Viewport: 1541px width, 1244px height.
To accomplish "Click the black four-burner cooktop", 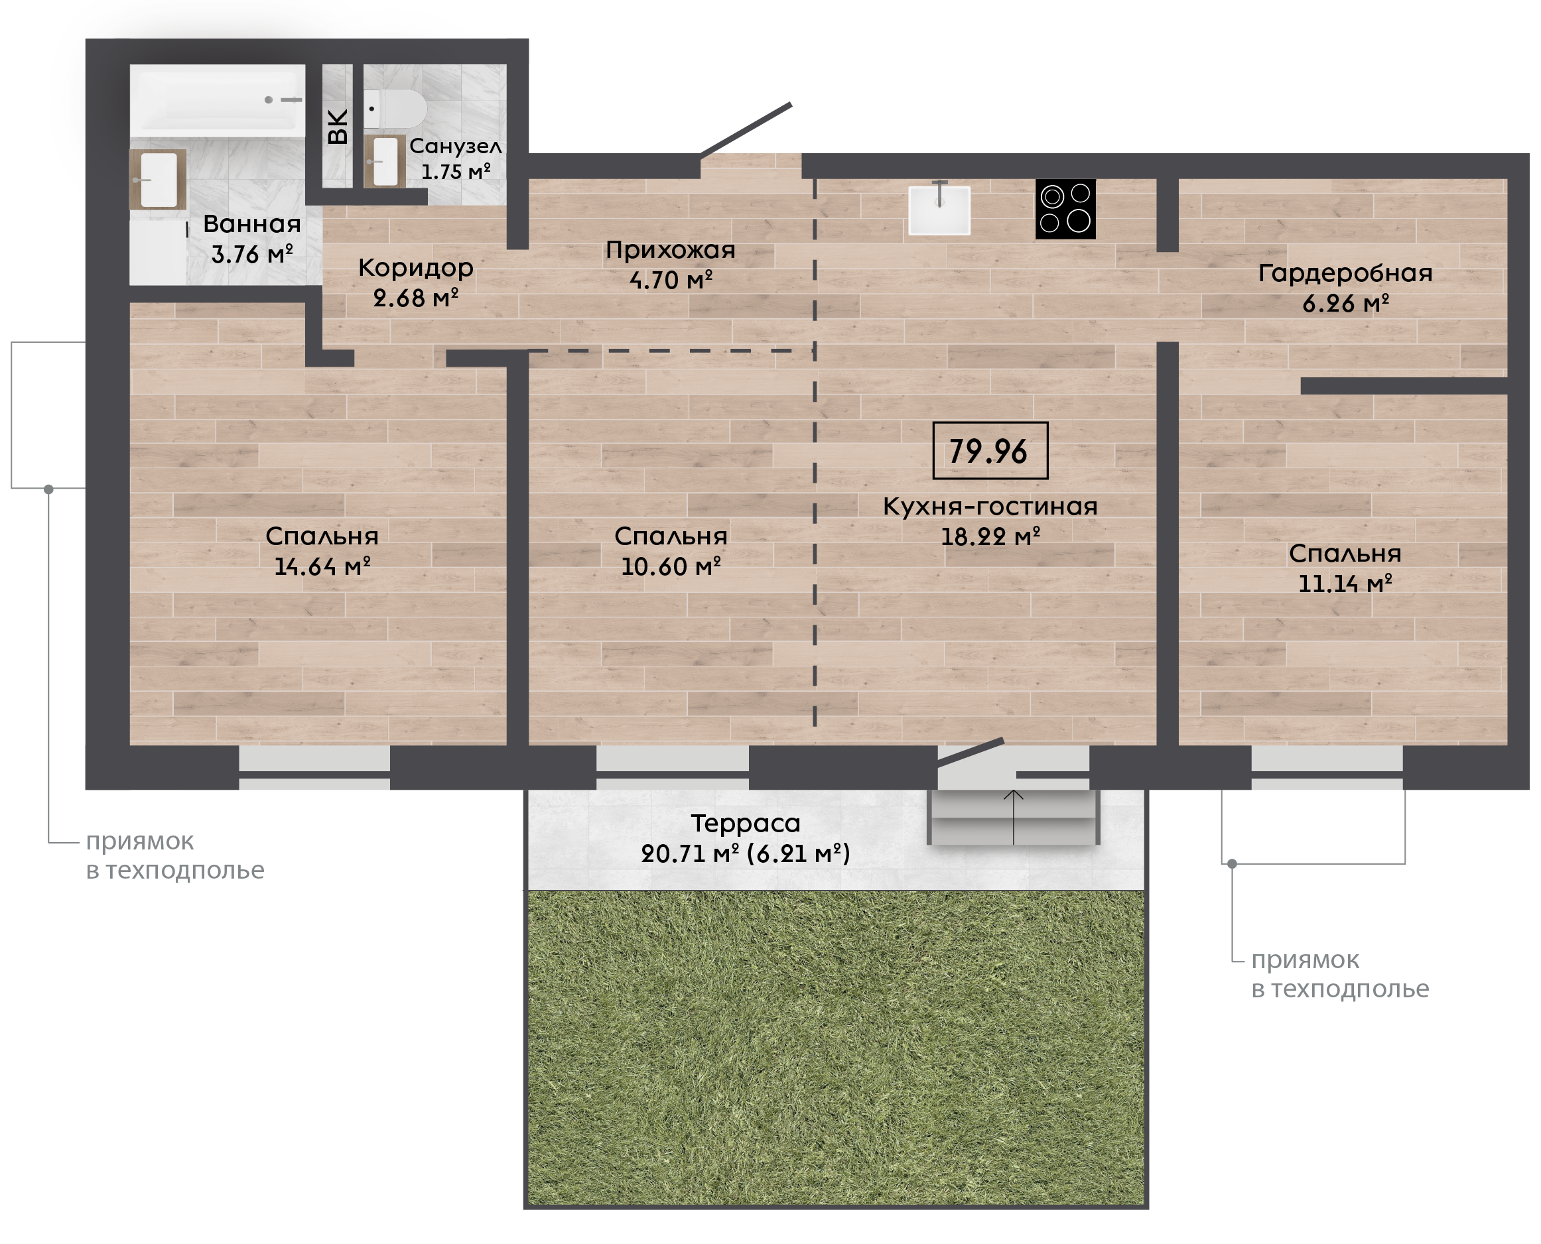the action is coord(1065,208).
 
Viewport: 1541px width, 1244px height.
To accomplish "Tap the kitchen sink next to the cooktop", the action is coord(939,210).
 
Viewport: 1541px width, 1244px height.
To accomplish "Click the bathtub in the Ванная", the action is coord(217,99).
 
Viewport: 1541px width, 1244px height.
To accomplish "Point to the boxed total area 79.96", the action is coord(990,451).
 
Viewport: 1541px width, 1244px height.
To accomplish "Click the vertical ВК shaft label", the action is coord(338,127).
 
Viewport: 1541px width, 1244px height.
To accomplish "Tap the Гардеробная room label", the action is coord(1345,273).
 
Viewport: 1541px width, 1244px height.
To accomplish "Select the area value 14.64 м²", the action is coord(322,566).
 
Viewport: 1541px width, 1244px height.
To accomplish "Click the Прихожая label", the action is coord(670,249).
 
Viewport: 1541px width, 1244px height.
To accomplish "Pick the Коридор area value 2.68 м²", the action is coord(416,297).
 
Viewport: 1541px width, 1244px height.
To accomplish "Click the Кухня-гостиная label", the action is coord(990,506).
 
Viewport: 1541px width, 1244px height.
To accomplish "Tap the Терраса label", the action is coord(746,824).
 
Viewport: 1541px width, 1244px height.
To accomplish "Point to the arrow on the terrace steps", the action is coord(1014,817).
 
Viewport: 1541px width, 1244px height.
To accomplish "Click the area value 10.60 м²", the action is coord(671,566).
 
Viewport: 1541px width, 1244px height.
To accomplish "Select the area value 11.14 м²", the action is coord(1345,584).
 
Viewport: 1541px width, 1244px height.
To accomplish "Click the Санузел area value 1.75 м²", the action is coord(456,172).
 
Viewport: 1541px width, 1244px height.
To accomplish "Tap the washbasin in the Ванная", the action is coord(158,180).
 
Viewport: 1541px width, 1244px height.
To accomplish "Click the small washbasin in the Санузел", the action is coord(385,161).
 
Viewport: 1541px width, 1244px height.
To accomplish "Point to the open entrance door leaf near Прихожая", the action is coord(746,129).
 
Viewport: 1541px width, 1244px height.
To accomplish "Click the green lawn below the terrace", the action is coord(836,1048).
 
